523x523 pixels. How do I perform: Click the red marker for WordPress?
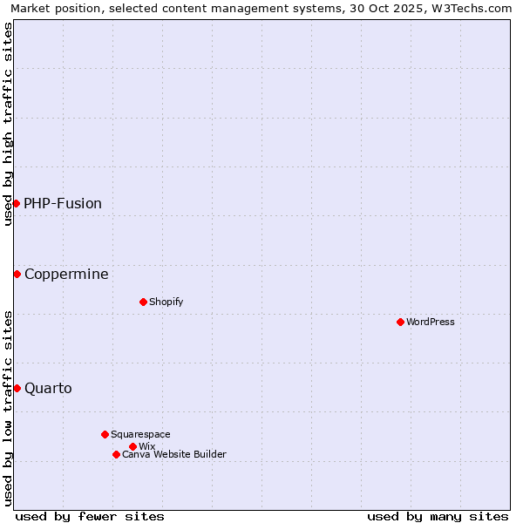click(x=400, y=322)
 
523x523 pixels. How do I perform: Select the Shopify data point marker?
click(x=143, y=302)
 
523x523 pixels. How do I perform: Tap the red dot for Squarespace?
click(x=105, y=434)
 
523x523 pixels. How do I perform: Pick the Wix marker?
click(x=132, y=446)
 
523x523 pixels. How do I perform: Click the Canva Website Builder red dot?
click(x=116, y=454)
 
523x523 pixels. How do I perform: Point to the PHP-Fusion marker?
click(x=16, y=203)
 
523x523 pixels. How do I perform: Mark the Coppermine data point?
click(x=17, y=274)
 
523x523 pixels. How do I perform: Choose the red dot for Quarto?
click(x=17, y=388)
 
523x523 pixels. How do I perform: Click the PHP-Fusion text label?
click(x=63, y=203)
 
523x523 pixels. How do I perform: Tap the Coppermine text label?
click(x=66, y=274)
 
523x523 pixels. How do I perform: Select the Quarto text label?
click(x=48, y=388)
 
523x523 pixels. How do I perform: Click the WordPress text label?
click(x=431, y=322)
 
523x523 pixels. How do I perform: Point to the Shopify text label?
click(x=166, y=302)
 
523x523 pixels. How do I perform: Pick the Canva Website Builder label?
click(x=174, y=454)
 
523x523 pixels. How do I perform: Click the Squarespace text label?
click(x=140, y=434)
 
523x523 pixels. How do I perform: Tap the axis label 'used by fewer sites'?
click(x=90, y=516)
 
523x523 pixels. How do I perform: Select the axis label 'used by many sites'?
click(x=438, y=516)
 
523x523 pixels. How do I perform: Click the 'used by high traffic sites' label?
click(x=8, y=124)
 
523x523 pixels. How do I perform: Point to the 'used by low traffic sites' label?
click(x=8, y=408)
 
